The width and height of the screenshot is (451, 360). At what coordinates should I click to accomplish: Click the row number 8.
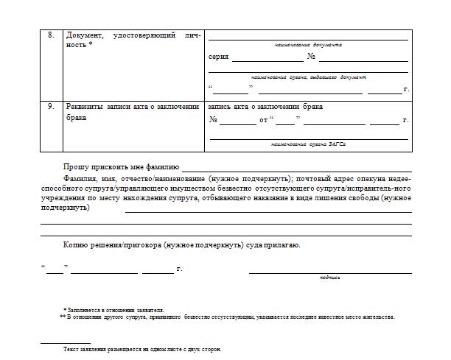pyautogui.click(x=51, y=35)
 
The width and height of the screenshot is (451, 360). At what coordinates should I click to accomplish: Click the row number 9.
pyautogui.click(x=51, y=106)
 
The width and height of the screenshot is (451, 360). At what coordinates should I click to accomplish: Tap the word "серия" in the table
pyautogui.click(x=219, y=57)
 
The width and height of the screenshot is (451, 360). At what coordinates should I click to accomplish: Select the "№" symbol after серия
pyautogui.click(x=311, y=57)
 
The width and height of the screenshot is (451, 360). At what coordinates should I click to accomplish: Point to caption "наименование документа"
pyautogui.click(x=308, y=45)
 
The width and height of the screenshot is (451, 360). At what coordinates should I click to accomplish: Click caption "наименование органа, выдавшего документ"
pyautogui.click(x=308, y=77)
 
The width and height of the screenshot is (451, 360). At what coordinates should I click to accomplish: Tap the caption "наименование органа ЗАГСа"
pyautogui.click(x=309, y=144)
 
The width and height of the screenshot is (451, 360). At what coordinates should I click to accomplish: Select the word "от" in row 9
pyautogui.click(x=263, y=119)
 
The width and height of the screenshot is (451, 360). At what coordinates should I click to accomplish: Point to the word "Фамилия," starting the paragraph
pyautogui.click(x=81, y=179)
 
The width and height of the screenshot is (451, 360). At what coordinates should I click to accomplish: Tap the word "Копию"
pyautogui.click(x=77, y=244)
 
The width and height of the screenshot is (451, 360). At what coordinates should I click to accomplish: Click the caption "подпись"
pyautogui.click(x=329, y=278)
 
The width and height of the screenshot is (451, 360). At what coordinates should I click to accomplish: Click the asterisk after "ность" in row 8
pyautogui.click(x=91, y=45)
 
